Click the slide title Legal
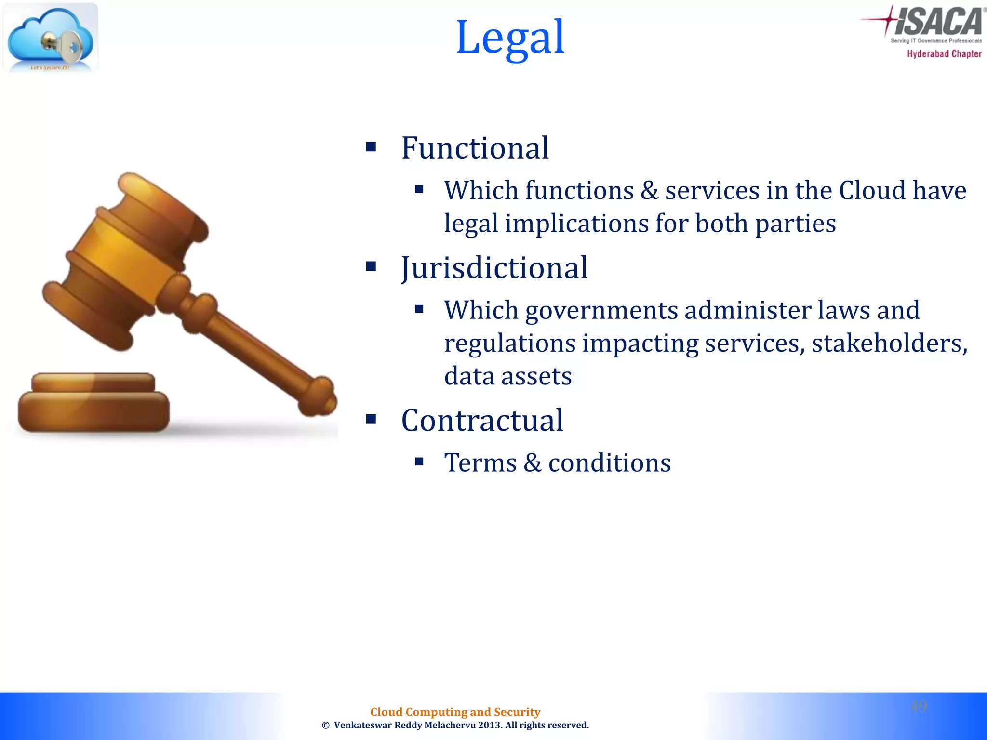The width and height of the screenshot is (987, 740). (x=510, y=38)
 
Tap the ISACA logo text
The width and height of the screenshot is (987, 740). (x=937, y=22)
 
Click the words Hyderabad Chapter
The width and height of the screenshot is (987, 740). (x=944, y=54)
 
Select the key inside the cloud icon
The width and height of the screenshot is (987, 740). (x=63, y=46)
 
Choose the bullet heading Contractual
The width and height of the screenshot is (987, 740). (x=482, y=420)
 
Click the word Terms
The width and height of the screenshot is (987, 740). (x=480, y=462)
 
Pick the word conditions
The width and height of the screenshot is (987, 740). (x=609, y=462)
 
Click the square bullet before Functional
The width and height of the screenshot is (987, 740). (x=371, y=146)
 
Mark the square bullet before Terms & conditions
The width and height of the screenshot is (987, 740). (x=419, y=462)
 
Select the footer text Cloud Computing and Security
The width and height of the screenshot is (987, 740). (x=455, y=712)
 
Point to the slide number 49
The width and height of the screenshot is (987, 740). (x=919, y=706)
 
